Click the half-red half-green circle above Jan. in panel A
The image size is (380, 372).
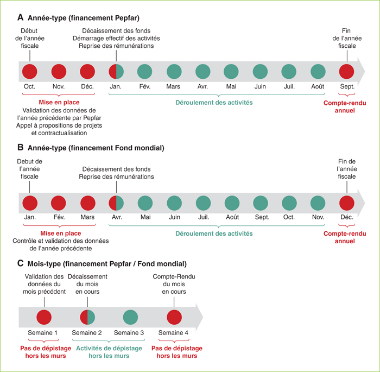click(x=116, y=72)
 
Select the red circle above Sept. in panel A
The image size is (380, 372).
click(x=346, y=72)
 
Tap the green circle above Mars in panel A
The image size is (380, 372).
click(x=174, y=72)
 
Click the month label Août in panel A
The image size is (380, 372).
click(x=318, y=86)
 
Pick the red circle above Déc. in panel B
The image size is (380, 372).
click(x=347, y=203)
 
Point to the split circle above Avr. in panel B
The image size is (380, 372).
click(x=116, y=203)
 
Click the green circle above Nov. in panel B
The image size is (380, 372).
click(x=318, y=203)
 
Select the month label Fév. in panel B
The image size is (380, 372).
click(x=59, y=217)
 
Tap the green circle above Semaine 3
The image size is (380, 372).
click(x=130, y=317)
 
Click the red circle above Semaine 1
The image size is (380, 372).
click(x=44, y=317)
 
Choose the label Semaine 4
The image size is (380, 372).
click(x=173, y=333)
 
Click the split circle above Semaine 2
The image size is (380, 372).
click(x=87, y=317)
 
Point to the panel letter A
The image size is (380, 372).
click(x=21, y=17)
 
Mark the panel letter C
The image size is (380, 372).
click(x=21, y=263)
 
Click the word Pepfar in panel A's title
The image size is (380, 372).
click(x=126, y=18)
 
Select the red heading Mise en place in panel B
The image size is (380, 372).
click(x=61, y=234)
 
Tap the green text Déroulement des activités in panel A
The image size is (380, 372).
click(x=214, y=103)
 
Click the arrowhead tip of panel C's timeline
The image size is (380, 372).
click(x=203, y=317)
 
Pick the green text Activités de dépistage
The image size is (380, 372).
click(x=109, y=349)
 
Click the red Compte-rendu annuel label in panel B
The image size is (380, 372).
click(x=345, y=237)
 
